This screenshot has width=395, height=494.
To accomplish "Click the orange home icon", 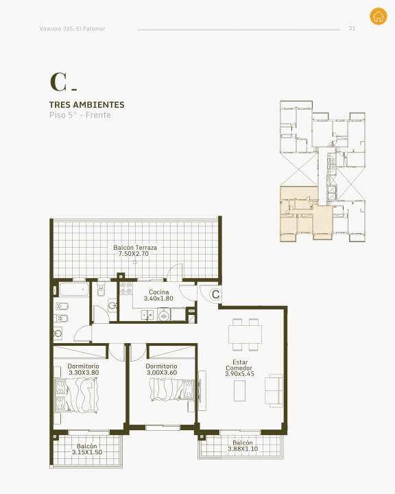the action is pos(379,16).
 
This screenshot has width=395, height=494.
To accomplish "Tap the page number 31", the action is pos(352,28).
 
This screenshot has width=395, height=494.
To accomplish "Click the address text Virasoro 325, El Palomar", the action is pos(72,29).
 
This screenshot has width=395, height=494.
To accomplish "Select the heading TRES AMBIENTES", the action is pos(87,104).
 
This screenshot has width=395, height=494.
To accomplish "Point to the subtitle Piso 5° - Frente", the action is pos(80,115).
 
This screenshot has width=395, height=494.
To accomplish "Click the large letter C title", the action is pos(58,82).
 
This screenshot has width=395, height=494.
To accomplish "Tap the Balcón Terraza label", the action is pos(135,247).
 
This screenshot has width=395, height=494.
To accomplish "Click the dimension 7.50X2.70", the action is pos(134,254).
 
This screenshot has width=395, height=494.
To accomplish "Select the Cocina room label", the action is pos(159,292).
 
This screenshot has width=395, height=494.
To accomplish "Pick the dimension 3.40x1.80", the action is pos(158,298).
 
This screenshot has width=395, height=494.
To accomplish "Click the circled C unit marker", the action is pos(216,294).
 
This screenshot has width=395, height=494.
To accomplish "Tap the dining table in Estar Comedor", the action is pos(245,335).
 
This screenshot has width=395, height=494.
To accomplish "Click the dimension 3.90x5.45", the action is pos(240,374).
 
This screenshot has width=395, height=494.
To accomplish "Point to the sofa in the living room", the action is pos(274,390).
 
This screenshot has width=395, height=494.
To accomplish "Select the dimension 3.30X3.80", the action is pos(84,373).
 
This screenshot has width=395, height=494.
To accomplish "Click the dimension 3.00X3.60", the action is pos(162,373).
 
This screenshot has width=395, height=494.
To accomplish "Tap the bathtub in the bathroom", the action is pos(74,290).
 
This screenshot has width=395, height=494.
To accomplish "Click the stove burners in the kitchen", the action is pos(126,288).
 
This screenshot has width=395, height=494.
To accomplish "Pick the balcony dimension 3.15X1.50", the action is pos(87,452).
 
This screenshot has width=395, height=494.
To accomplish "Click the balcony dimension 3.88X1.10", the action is pos(243,449).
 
